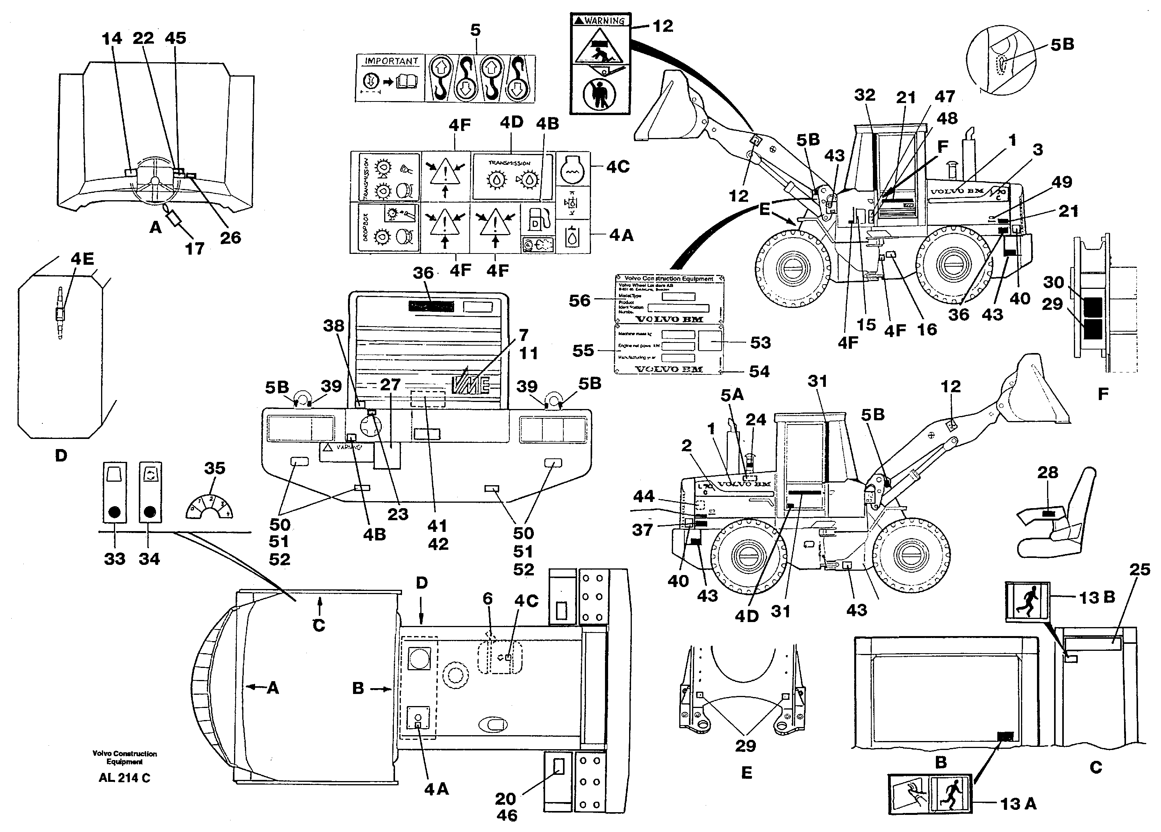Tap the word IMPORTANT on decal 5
pyautogui.click(x=391, y=61)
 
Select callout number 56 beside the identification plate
pyautogui.click(x=579, y=301)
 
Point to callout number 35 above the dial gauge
pyautogui.click(x=215, y=468)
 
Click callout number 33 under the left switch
pyautogui.click(x=114, y=559)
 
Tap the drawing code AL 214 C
pyautogui.click(x=124, y=778)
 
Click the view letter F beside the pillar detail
pyautogui.click(x=1103, y=394)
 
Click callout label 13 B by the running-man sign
pyautogui.click(x=1096, y=598)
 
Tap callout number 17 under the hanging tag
pyautogui.click(x=194, y=249)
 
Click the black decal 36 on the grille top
pyautogui.click(x=431, y=307)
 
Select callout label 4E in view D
pyautogui.click(x=82, y=259)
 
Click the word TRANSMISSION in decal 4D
pyautogui.click(x=509, y=163)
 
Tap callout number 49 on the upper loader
pyautogui.click(x=1062, y=182)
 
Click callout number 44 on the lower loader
pyautogui.click(x=643, y=496)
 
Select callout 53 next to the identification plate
pyautogui.click(x=760, y=343)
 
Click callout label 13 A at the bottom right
pyautogui.click(x=1018, y=804)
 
